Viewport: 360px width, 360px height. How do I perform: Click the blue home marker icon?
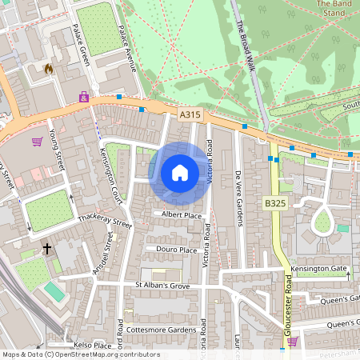[179, 173]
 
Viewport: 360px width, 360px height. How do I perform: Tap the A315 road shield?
[190, 116]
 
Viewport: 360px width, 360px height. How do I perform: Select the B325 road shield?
[274, 205]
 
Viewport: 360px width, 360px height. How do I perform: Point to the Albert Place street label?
[182, 215]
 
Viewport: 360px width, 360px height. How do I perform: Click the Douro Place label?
[177, 250]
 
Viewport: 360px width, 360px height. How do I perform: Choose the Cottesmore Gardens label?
[166, 330]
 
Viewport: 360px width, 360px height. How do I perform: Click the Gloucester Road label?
[287, 305]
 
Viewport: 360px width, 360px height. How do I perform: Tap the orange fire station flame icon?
[49, 69]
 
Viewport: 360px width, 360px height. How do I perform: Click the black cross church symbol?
[46, 249]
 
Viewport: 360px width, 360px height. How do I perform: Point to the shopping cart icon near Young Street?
[37, 142]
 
